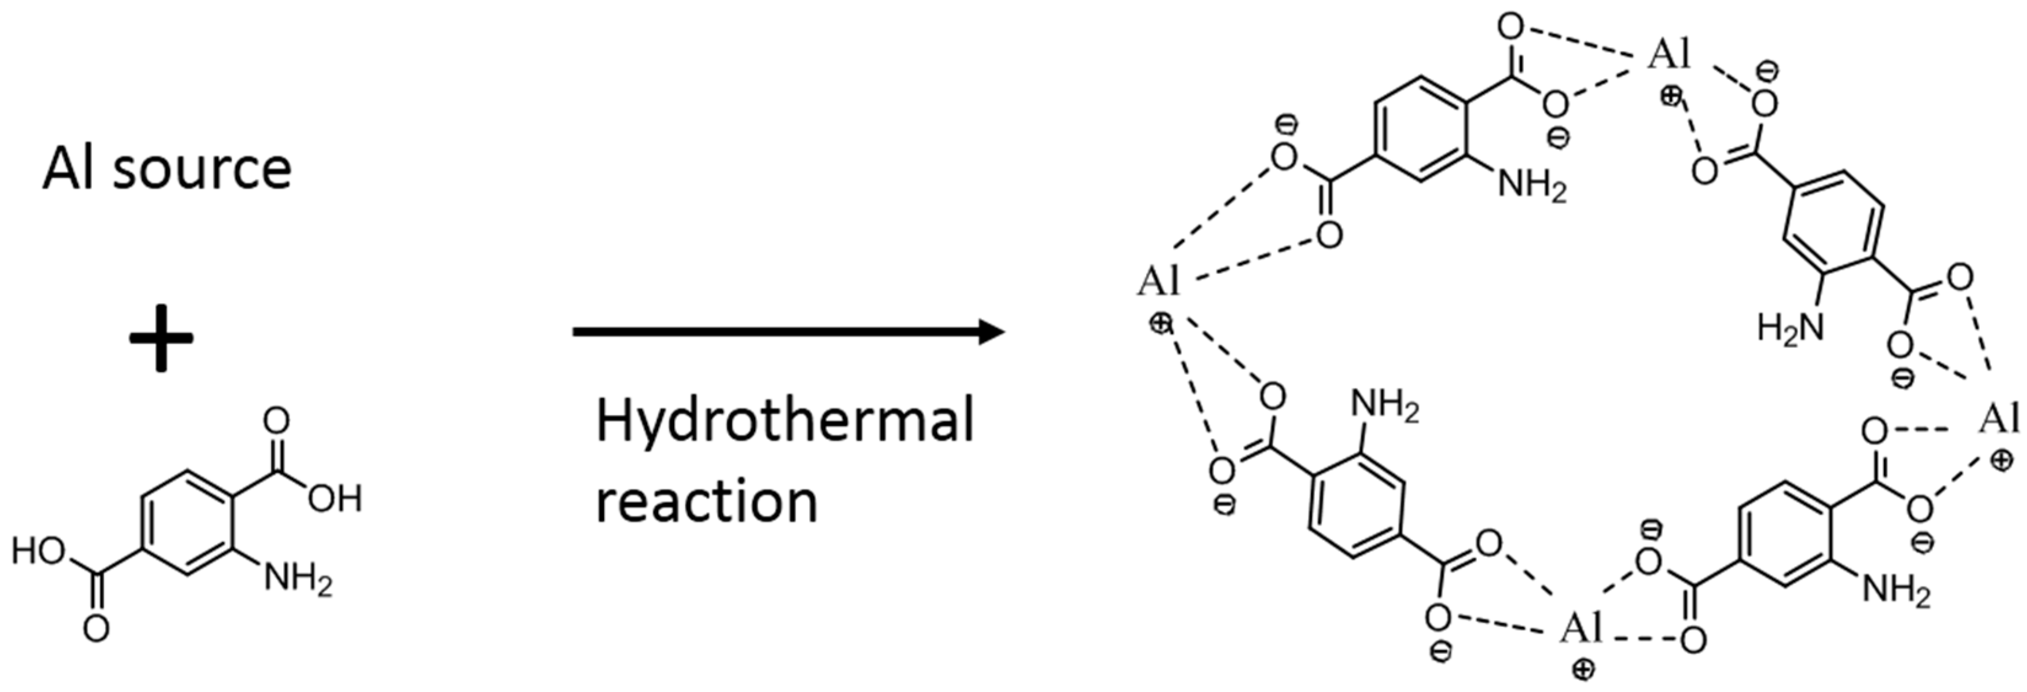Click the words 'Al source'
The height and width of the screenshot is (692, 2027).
167,169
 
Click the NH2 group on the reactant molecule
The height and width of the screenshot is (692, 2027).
298,580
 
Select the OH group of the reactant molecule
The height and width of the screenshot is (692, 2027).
334,498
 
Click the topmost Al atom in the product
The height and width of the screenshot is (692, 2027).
1668,55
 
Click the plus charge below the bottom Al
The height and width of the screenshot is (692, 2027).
1583,669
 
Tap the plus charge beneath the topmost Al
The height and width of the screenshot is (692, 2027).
1671,96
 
